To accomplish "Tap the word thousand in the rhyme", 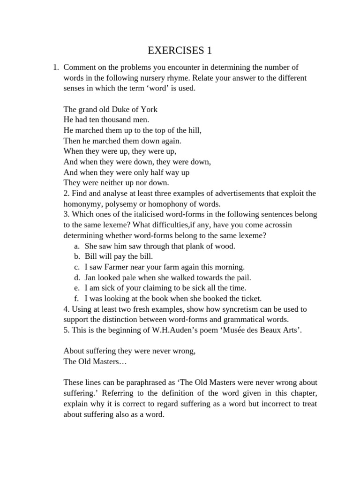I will coord(118,120).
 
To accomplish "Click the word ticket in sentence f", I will coord(248,298).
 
